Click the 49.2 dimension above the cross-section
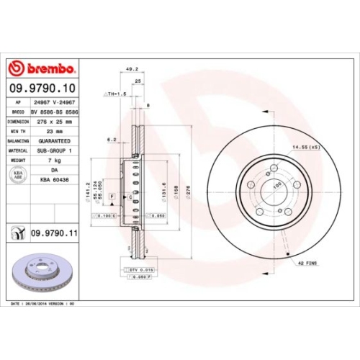click(131, 69)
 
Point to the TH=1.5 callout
click(115, 94)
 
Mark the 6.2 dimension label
click(112, 140)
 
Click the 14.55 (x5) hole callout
click(306, 147)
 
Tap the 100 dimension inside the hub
click(276, 186)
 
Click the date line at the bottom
click(43, 304)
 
